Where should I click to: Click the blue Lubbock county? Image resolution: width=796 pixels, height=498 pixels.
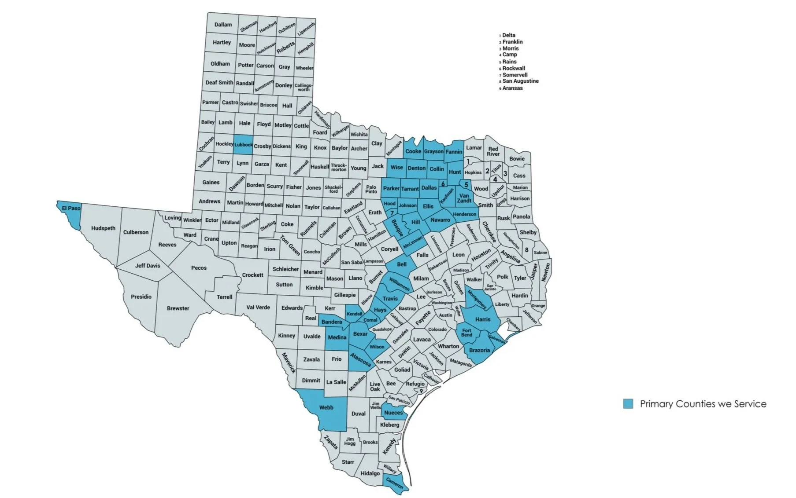point(243,144)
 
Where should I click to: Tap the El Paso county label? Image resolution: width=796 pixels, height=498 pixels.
point(71,208)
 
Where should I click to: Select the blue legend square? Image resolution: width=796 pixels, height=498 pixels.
point(628,404)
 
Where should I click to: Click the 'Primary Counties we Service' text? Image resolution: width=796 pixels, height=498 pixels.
point(703,404)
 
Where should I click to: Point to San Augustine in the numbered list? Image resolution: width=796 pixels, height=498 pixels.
point(520,81)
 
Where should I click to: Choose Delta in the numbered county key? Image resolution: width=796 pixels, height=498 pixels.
point(508,35)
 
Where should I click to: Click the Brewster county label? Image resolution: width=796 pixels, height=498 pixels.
point(178,308)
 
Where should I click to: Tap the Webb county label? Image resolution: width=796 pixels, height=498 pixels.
point(326,408)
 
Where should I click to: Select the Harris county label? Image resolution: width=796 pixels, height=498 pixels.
point(483,319)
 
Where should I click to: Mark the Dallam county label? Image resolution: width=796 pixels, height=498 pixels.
point(223,25)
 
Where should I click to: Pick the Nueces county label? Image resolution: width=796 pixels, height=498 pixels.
point(393,413)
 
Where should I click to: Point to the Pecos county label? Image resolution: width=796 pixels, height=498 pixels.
point(199,268)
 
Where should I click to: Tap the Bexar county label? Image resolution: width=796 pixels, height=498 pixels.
point(360,334)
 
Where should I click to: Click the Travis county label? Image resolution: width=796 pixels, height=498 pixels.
point(390,299)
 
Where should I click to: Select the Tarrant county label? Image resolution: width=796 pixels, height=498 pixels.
point(410,189)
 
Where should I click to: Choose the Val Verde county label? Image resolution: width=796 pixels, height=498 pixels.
point(258,308)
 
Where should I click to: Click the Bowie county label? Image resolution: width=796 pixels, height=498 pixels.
point(517,159)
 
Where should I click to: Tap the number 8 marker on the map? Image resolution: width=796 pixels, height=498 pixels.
point(526,250)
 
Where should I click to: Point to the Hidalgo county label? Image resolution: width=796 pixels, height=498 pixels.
point(370,473)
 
